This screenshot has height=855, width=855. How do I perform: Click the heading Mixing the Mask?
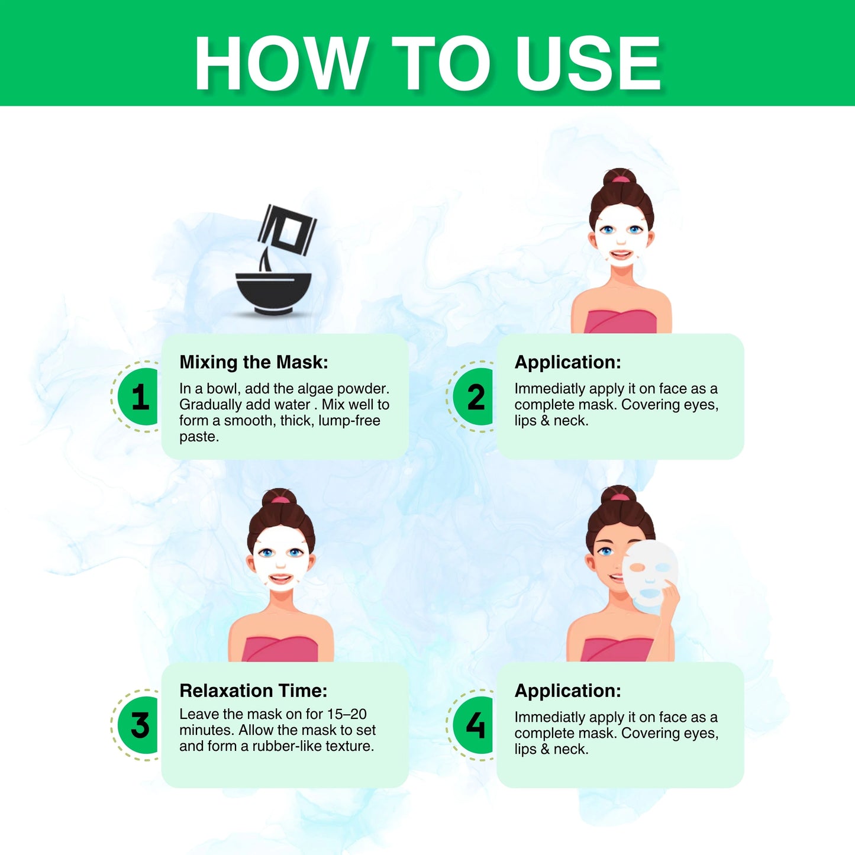(x=254, y=362)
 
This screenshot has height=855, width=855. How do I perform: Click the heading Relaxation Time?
(x=253, y=691)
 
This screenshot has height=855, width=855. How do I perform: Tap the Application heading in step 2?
(x=568, y=363)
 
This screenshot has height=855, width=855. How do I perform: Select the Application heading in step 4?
(x=568, y=691)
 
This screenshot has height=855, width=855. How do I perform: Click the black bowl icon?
(x=273, y=293)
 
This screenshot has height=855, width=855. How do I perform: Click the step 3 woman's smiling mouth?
(x=280, y=579)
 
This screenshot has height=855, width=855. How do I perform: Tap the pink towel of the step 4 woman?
(x=617, y=649)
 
